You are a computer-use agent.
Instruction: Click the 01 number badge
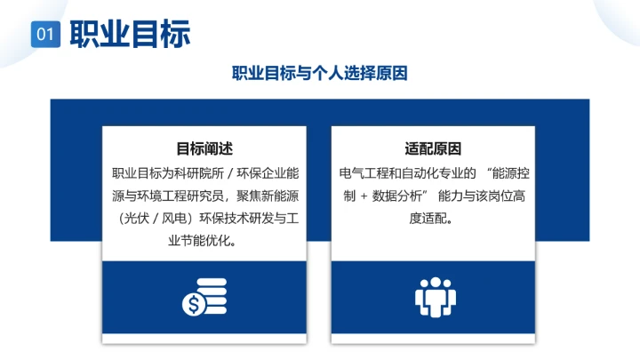(45, 35)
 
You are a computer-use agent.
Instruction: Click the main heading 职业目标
(130, 34)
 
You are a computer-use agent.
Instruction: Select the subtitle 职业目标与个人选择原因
(320, 74)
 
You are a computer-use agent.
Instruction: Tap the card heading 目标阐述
(204, 149)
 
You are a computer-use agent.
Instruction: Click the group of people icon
(434, 298)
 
